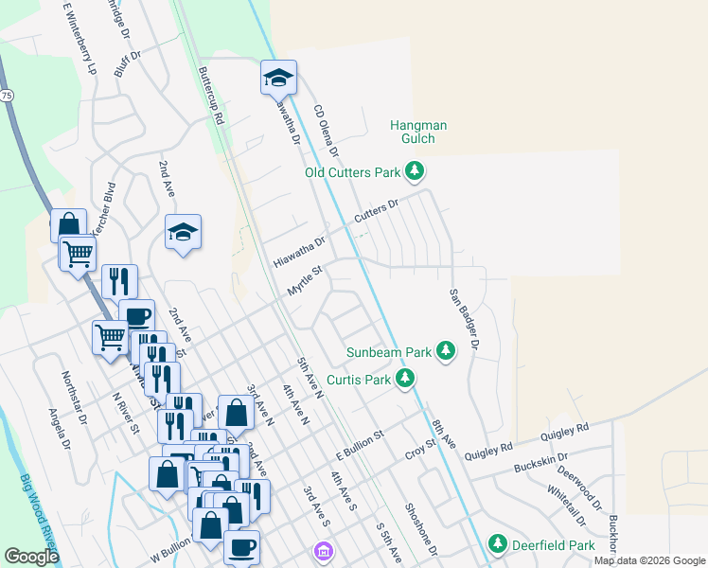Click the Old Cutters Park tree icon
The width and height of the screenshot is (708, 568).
pyautogui.click(x=414, y=172)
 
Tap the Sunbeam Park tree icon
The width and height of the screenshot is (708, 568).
pyautogui.click(x=446, y=352)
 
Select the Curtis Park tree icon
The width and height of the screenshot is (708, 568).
pyautogui.click(x=405, y=380)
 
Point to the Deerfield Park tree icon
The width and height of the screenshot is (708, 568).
pyautogui.click(x=498, y=544)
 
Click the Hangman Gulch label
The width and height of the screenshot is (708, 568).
pyautogui.click(x=418, y=132)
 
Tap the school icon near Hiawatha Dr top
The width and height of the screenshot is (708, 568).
pyautogui.click(x=279, y=78)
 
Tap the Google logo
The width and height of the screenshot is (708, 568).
pyautogui.click(x=31, y=557)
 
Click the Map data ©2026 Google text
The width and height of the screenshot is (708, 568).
pyautogui.click(x=648, y=560)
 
